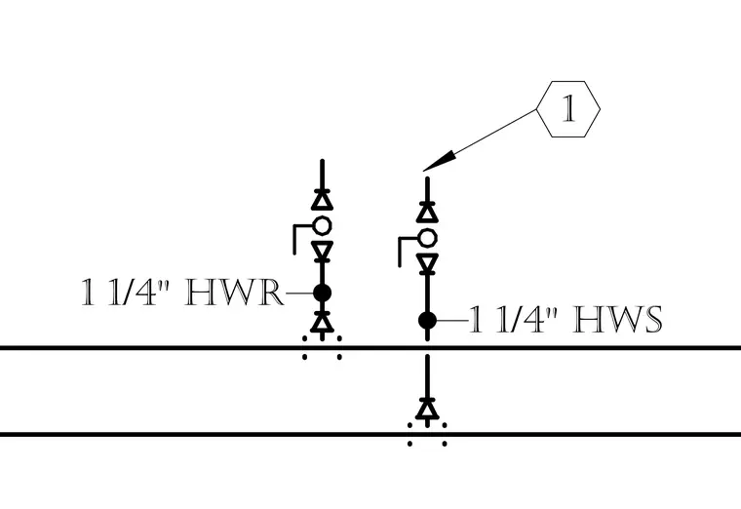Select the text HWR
pos(234,294)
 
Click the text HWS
pos(618,320)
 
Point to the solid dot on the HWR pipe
pos(323,294)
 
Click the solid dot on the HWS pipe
pos(428,321)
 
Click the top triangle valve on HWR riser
pos(323,200)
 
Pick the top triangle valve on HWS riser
pos(428,213)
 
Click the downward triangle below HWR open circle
pos(323,251)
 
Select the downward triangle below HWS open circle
pos(428,263)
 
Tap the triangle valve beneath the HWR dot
pos(323,322)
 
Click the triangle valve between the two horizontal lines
pos(428,410)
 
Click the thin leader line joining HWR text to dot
pos(299,294)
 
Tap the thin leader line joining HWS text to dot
pos(452,321)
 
